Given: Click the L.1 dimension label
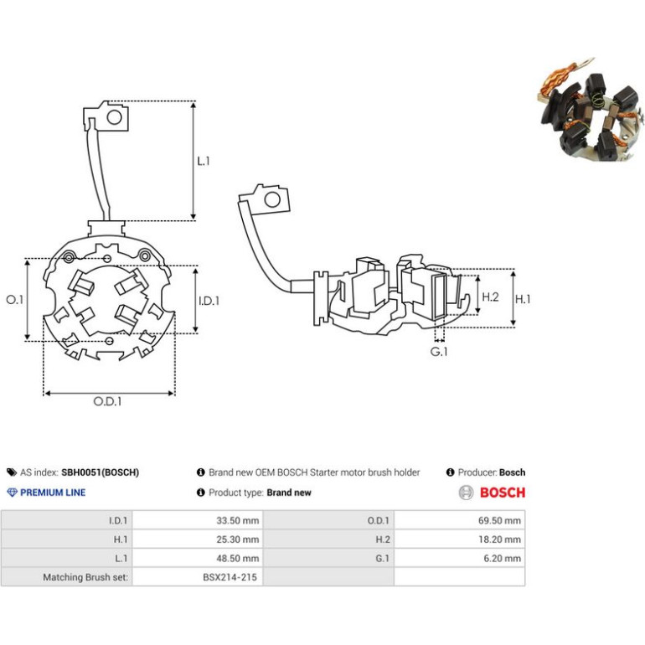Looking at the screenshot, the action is click(x=204, y=161).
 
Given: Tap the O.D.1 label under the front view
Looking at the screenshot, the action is click(x=107, y=401).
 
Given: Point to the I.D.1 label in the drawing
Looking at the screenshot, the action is click(x=209, y=301).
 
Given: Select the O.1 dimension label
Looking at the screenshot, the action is click(x=15, y=300).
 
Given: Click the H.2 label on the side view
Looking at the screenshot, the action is click(x=490, y=297).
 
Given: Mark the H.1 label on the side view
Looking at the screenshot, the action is click(x=523, y=299).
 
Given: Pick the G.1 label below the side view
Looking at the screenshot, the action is click(x=438, y=352).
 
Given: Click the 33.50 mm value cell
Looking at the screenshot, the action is click(x=238, y=520).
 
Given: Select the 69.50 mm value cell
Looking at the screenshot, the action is click(x=499, y=520).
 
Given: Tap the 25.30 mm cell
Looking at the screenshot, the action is click(x=238, y=539).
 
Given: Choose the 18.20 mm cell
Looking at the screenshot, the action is click(x=499, y=539).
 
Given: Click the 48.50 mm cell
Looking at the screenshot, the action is click(x=238, y=558).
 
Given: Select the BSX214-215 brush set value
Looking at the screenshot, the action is click(x=230, y=577).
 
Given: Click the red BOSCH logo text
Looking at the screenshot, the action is click(x=503, y=493).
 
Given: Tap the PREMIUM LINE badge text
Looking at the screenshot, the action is click(x=53, y=493).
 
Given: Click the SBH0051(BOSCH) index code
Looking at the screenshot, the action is click(x=100, y=472).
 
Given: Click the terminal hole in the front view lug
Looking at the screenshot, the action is click(x=115, y=117).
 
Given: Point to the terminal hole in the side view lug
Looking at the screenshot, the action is click(x=272, y=199).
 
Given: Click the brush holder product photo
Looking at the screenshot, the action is click(x=591, y=109).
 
